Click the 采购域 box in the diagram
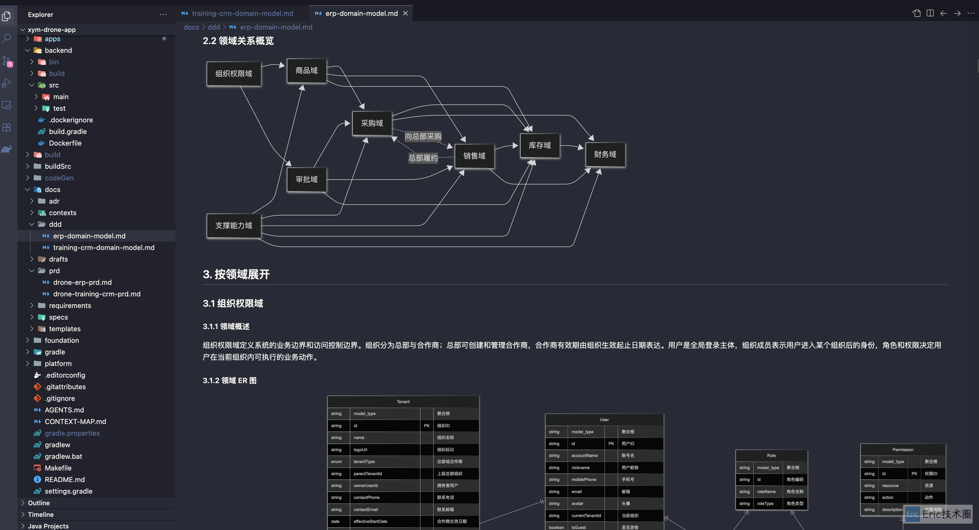(372, 123)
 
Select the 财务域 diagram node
(605, 155)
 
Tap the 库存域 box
(540, 145)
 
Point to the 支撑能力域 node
(234, 225)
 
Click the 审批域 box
(307, 179)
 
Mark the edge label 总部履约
(423, 158)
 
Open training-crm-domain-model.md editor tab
(243, 13)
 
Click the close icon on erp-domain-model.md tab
(406, 13)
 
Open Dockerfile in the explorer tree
(65, 143)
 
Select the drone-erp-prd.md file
(82, 282)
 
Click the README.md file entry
(65, 480)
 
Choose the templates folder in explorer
(65, 329)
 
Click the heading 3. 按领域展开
(236, 274)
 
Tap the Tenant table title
(403, 402)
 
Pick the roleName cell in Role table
(766, 492)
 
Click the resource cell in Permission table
(890, 486)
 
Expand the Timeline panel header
(41, 514)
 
